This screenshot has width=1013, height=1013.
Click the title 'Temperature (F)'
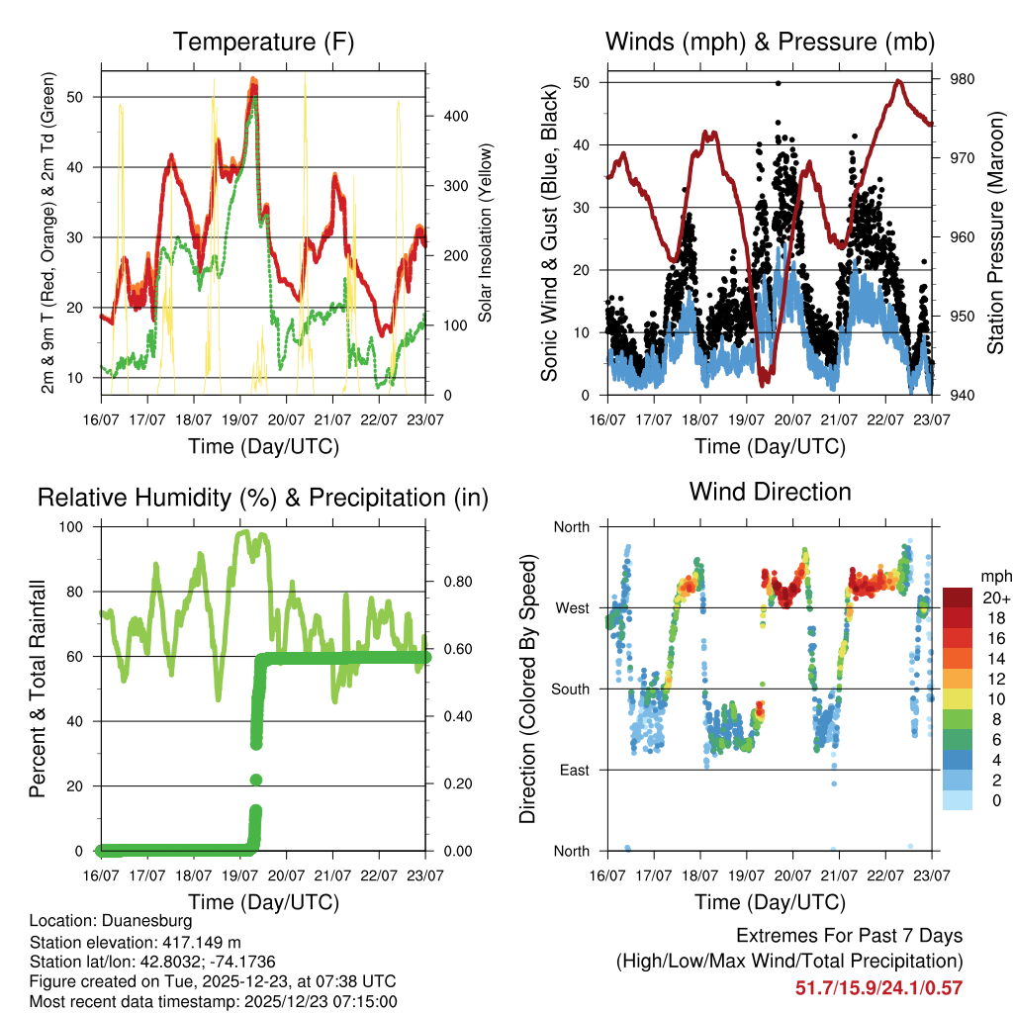pos(263,43)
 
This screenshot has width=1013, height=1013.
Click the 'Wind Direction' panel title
pos(770,492)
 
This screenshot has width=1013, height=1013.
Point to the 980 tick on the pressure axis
pos(963,79)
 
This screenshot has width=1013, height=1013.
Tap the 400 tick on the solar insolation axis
pos(456,116)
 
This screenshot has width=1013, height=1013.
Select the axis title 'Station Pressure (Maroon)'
pos(996,232)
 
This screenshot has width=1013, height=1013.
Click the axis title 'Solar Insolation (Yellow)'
pos(486,232)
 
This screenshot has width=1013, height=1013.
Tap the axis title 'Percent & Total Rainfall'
pos(37,689)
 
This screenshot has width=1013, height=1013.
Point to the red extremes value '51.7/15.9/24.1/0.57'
pos(878,987)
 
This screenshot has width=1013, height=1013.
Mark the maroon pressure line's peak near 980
pos(898,81)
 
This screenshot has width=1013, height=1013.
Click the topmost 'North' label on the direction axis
pos(572,526)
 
